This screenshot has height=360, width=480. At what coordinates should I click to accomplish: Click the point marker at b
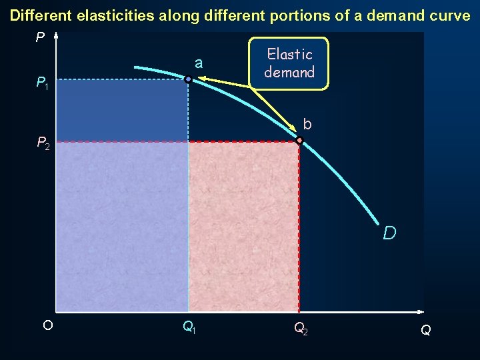[299, 140]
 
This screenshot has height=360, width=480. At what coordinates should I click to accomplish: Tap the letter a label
[198, 63]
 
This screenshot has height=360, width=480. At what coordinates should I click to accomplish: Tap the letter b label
[307, 124]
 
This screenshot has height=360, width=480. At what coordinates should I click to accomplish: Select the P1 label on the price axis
[42, 83]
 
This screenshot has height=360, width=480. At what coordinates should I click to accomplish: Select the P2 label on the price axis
[42, 142]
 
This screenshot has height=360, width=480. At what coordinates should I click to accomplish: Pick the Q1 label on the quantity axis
[189, 327]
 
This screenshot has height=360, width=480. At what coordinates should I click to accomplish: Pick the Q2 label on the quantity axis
[301, 327]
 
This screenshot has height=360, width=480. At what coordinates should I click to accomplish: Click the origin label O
[47, 325]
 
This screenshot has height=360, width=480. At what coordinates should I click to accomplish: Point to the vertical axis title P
[40, 38]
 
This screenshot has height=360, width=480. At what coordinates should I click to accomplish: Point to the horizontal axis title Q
[425, 329]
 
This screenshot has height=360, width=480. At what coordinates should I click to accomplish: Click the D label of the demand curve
[389, 233]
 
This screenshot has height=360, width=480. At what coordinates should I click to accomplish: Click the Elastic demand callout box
[289, 63]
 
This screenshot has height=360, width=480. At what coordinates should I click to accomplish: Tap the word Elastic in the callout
[289, 55]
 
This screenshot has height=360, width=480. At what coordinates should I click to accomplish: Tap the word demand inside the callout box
[289, 72]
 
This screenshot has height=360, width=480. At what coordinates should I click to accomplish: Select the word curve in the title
[448, 15]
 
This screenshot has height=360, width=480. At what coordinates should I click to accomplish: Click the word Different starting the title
[37, 15]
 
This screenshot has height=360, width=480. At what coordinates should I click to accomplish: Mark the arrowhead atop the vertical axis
[56, 36]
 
